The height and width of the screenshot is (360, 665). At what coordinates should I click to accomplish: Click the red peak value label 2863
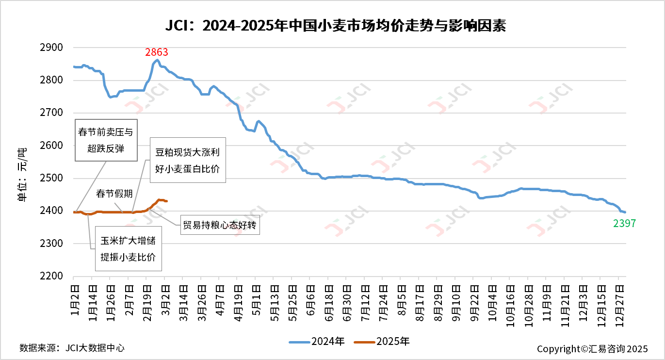pyautogui.click(x=157, y=52)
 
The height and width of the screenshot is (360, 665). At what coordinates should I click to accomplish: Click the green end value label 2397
pyautogui.click(x=624, y=224)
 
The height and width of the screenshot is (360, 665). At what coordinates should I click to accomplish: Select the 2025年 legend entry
pyautogui.click(x=382, y=342)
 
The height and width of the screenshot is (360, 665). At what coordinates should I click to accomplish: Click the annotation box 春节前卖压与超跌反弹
pyautogui.click(x=106, y=140)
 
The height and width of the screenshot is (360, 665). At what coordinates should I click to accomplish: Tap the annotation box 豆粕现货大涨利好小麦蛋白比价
pyautogui.click(x=187, y=160)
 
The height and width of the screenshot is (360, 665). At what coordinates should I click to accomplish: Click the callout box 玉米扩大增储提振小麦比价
pyautogui.click(x=128, y=248)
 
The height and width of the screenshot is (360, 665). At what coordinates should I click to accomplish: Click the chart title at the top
pyautogui.click(x=332, y=25)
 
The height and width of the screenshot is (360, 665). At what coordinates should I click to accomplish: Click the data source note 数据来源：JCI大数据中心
pyautogui.click(x=72, y=348)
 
